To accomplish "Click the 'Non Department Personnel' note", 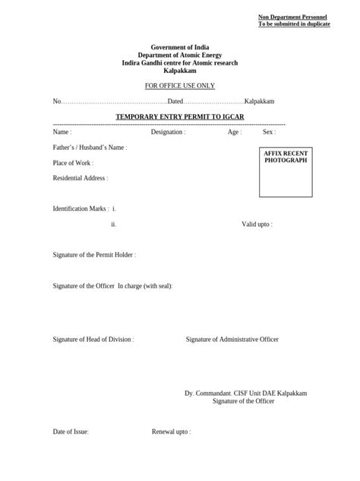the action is point(293,17).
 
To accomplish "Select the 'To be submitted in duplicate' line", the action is point(293,24).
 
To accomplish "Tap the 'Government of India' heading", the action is point(180,48).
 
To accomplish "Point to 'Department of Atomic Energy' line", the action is point(180,56).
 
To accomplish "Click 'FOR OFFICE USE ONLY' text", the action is point(180,86).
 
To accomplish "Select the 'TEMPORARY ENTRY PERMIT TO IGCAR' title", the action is point(180,116).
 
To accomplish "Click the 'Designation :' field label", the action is point(168,132).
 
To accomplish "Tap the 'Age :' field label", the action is point(235,132).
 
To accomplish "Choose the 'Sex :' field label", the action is point(269,132).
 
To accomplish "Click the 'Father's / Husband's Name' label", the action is point(90,148).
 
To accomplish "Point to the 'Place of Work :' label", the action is point(73,163).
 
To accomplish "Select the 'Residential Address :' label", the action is point(81,178).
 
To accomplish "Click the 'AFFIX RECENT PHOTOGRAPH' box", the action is point(286,173).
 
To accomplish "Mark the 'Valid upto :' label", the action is point(257,225).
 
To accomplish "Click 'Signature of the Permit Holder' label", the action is point(94,255).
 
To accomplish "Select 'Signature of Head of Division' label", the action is point(93,339).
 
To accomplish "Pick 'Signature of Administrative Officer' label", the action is point(232,339).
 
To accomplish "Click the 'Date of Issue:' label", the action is point(71,432).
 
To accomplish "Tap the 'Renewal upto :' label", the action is point(171,432).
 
